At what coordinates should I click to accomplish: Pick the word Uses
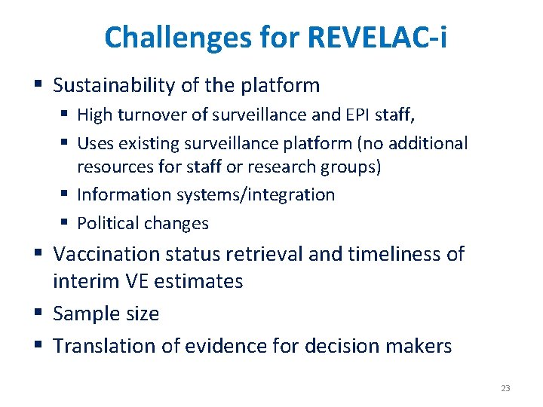(95, 143)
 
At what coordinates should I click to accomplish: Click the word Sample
(82, 314)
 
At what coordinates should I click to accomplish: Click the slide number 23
(505, 388)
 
